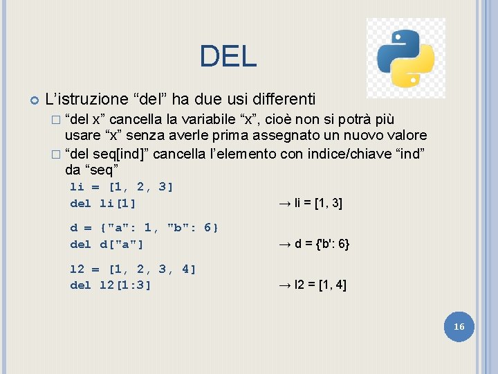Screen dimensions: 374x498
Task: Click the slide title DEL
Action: click(x=228, y=56)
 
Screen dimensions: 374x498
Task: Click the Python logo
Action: click(x=405, y=58)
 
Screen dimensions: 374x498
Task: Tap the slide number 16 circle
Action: click(x=459, y=326)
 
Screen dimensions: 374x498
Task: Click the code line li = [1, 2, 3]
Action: click(x=122, y=186)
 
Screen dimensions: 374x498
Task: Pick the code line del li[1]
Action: click(x=103, y=203)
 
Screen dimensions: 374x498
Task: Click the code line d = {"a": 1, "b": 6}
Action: click(x=145, y=228)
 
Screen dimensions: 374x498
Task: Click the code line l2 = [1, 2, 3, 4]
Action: click(x=133, y=269)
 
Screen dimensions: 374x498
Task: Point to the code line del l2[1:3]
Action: click(x=111, y=285)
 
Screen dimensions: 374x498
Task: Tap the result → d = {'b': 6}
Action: click(x=313, y=244)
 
